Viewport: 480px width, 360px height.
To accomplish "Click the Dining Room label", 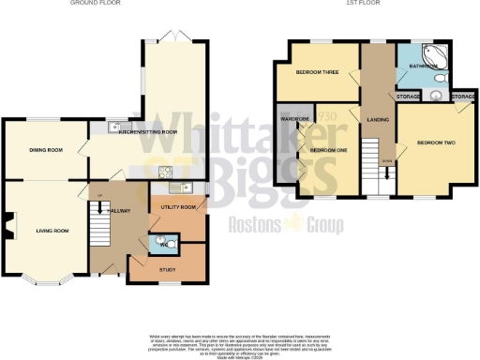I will click(43, 149).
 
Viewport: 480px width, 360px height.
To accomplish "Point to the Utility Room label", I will click(177, 206).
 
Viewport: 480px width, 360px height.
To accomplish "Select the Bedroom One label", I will click(323, 150).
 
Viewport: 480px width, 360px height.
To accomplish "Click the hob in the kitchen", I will click(165, 171).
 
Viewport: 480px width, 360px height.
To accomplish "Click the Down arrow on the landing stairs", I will click(375, 160).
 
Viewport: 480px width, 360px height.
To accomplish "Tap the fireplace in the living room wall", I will click(7, 228).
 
